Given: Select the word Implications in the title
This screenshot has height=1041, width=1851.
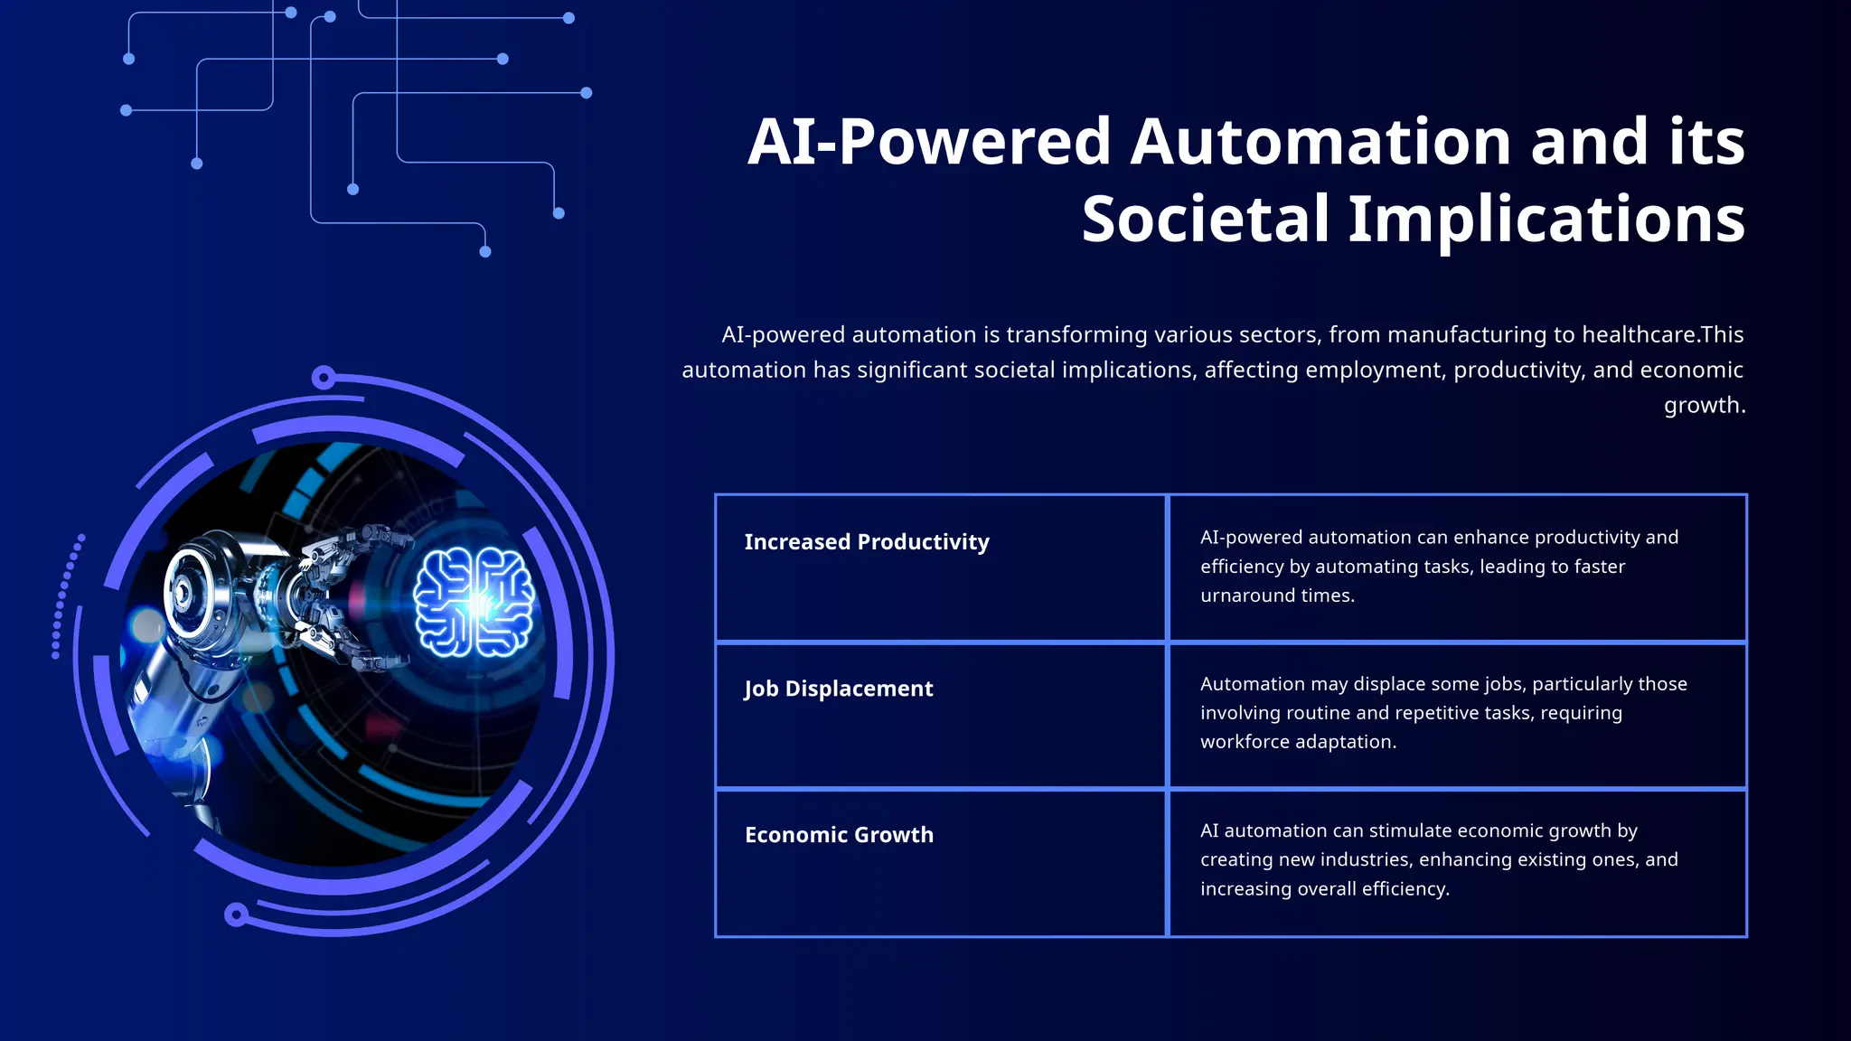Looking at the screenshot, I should tap(1546, 219).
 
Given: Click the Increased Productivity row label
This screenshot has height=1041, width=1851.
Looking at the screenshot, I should tap(867, 542).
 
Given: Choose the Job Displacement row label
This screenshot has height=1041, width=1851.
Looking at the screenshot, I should tap(839, 689).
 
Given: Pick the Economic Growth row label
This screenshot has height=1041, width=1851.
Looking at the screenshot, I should tap(839, 835).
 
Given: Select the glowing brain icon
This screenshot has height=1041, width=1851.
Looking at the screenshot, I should tap(474, 602).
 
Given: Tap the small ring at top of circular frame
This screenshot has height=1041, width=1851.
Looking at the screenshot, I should tap(323, 378).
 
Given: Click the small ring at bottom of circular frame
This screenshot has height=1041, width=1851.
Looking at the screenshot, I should tap(236, 915).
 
